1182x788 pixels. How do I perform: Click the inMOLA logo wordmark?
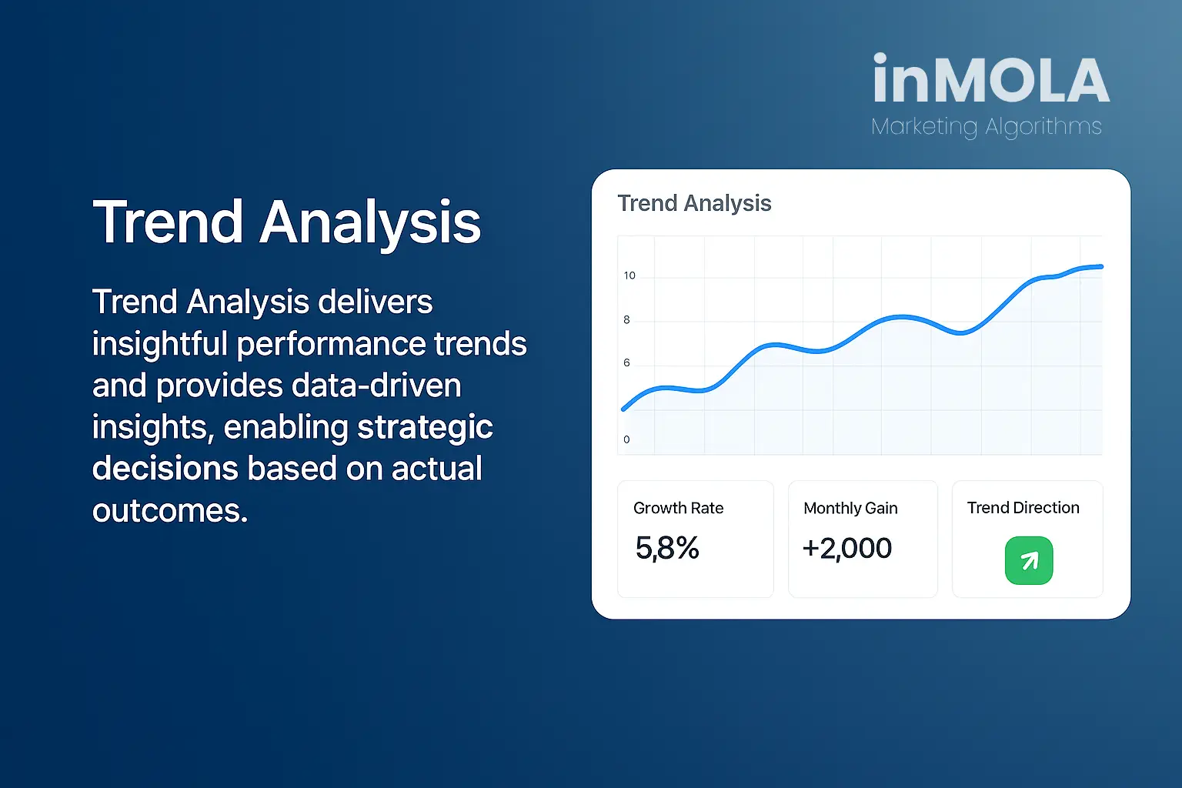pyautogui.click(x=991, y=78)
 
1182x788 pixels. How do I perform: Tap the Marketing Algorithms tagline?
pyautogui.click(x=987, y=127)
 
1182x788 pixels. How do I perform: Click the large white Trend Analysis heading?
pyautogui.click(x=286, y=222)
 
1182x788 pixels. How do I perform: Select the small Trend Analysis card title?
pyautogui.click(x=694, y=203)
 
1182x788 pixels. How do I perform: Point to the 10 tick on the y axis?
pyautogui.click(x=629, y=275)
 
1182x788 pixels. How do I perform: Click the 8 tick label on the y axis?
pyautogui.click(x=626, y=320)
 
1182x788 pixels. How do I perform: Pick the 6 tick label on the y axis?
pyautogui.click(x=626, y=363)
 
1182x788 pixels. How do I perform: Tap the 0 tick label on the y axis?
pyautogui.click(x=626, y=439)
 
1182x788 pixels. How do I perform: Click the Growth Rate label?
pyautogui.click(x=679, y=508)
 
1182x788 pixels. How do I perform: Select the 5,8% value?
pyautogui.click(x=667, y=548)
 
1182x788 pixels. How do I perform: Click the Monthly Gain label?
pyautogui.click(x=850, y=508)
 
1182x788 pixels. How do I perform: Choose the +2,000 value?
pyautogui.click(x=847, y=549)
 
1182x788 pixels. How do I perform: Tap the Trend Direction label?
pyautogui.click(x=1023, y=508)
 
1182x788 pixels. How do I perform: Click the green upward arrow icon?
pyautogui.click(x=1029, y=560)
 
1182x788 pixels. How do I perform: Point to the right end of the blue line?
pyautogui.click(x=1101, y=267)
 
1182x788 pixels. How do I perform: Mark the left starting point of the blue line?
pyautogui.click(x=624, y=409)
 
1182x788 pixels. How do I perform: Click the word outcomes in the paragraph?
pyautogui.click(x=170, y=511)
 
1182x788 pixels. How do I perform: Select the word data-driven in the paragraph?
pyautogui.click(x=376, y=386)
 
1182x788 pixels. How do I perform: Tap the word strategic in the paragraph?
pyautogui.click(x=425, y=427)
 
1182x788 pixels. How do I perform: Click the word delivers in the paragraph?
pyautogui.click(x=376, y=302)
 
